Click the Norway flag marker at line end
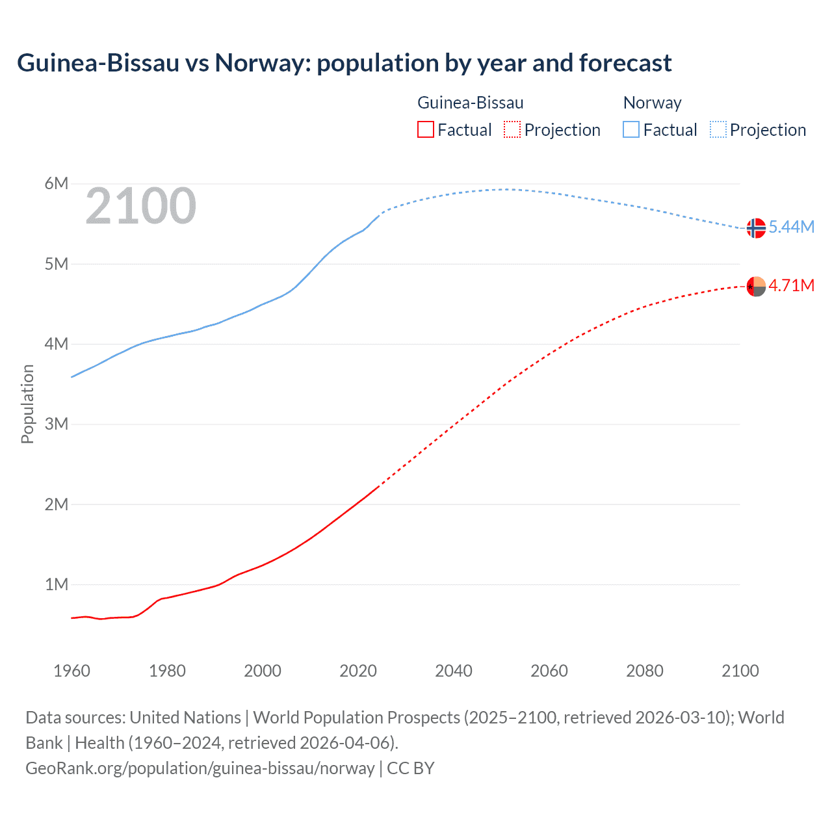point(756,228)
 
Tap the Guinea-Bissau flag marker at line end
point(756,286)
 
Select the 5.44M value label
point(792,227)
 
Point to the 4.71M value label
point(792,285)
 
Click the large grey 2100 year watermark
point(140,206)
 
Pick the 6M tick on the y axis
point(57,183)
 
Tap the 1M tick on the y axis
point(57,584)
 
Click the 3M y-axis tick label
point(57,424)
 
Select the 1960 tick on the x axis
point(71,671)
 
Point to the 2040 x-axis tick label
point(454,671)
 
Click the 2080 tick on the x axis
point(645,671)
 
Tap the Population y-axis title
point(27,404)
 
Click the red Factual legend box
point(426,130)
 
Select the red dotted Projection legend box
point(512,130)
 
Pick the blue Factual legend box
point(631,130)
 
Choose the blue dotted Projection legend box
point(718,130)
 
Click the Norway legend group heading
point(652,103)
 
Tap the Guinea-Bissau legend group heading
point(470,103)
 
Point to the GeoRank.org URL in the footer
point(200,768)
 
